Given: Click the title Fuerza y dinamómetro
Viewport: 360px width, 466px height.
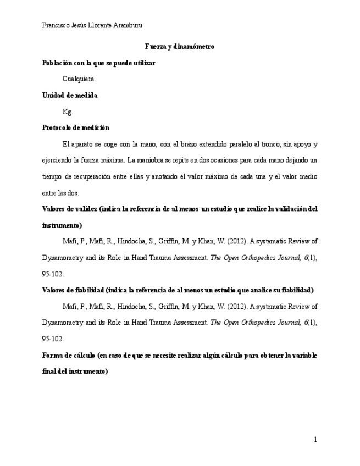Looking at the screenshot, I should pyautogui.click(x=180, y=47).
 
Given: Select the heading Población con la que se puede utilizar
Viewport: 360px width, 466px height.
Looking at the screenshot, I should pyautogui.click(x=99, y=63).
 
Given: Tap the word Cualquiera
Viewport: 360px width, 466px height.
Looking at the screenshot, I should pyautogui.click(x=79, y=79).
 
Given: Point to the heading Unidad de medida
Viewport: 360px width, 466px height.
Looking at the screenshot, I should pyautogui.click(x=70, y=95).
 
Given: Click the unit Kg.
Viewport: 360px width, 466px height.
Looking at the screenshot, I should pyautogui.click(x=68, y=112).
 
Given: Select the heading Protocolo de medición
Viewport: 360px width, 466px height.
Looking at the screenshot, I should pyautogui.click(x=76, y=127).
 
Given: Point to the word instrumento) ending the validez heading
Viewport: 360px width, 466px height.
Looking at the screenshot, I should pyautogui.click(x=62, y=225).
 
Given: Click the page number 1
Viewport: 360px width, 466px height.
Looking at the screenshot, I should pyautogui.click(x=315, y=440).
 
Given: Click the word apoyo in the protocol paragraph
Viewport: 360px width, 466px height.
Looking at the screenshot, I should pyautogui.click(x=301, y=145).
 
